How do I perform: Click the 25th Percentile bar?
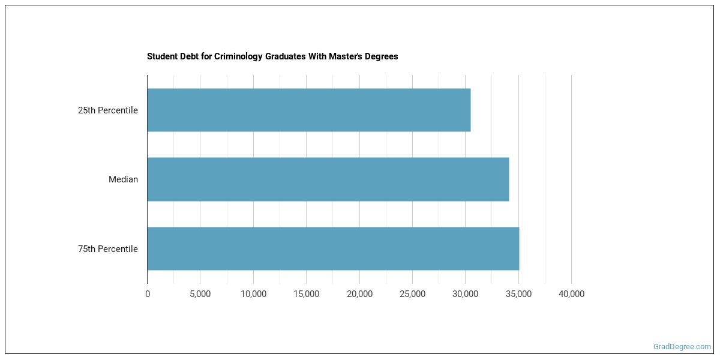[x=308, y=110]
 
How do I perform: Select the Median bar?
[x=328, y=179]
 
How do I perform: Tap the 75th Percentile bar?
[x=333, y=248]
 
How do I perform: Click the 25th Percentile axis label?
[x=108, y=110]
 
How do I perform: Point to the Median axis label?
[x=123, y=179]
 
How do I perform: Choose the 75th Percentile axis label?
[x=108, y=249]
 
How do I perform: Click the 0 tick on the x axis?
[x=148, y=294]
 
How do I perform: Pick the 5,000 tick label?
[x=200, y=294]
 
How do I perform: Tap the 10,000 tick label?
[x=253, y=294]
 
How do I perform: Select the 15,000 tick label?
[x=306, y=294]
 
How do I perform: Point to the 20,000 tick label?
[x=359, y=294]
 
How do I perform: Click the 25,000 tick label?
[x=412, y=294]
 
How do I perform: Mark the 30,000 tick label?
[x=465, y=294]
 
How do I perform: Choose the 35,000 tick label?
[x=518, y=294]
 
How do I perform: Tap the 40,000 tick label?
[x=571, y=294]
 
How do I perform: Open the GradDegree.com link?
[x=682, y=346]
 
